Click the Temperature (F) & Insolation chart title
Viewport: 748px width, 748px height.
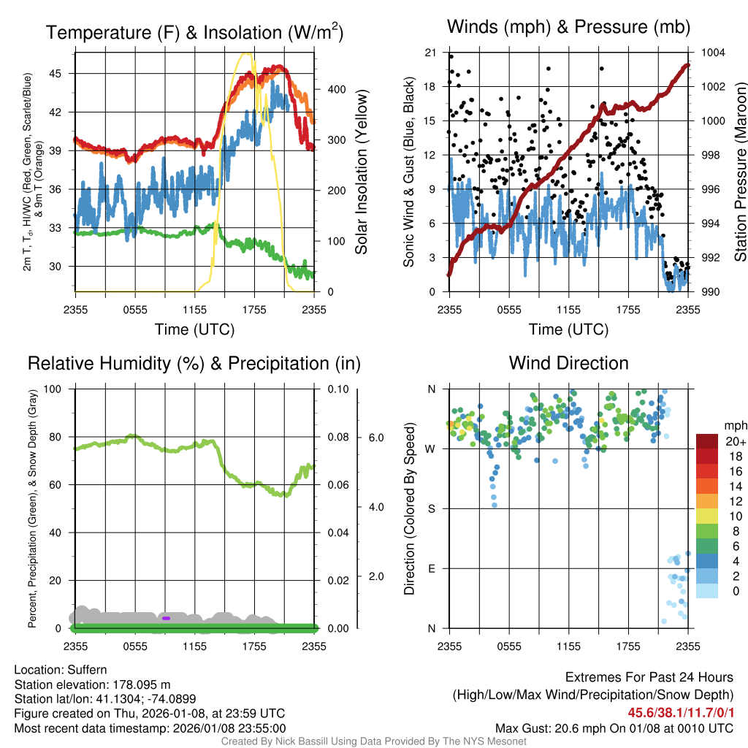194,32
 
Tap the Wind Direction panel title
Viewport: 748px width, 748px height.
568,363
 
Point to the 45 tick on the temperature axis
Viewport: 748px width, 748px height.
63,74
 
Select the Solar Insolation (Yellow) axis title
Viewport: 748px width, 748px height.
361,172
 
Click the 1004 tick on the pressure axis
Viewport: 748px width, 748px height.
712,53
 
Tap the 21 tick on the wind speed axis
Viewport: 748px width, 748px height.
430,53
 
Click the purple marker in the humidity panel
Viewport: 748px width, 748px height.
166,618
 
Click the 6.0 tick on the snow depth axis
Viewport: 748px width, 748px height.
374,438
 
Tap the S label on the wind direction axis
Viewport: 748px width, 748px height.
431,508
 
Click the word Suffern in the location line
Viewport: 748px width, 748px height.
85,670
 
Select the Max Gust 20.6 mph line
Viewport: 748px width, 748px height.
614,728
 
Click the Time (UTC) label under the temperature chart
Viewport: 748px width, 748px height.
194,329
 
